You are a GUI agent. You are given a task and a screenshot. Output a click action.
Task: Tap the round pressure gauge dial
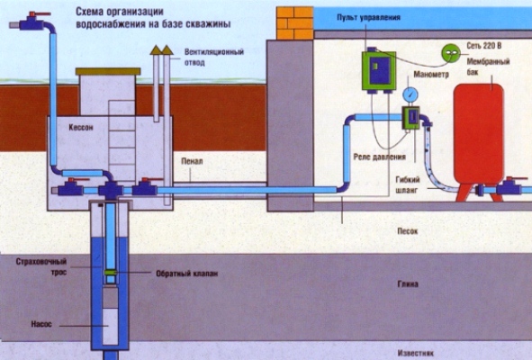coord(410,95)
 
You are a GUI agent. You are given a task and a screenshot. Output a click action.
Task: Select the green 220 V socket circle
coord(451,53)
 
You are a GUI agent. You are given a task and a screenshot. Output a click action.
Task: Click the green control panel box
coord(379,70)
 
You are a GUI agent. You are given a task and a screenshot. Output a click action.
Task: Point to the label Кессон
coord(81,127)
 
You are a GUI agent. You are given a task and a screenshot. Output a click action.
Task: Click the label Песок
coord(408,231)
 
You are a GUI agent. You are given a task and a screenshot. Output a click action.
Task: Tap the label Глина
coord(408,284)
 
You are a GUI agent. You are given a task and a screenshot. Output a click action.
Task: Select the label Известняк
coord(415,353)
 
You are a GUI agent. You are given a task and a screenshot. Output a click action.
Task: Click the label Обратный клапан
coord(186,274)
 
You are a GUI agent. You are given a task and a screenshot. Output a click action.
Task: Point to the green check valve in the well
coord(111,272)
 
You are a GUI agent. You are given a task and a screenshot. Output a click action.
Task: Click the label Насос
coord(41,324)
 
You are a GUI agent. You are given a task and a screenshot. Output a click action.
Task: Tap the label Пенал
coord(192,161)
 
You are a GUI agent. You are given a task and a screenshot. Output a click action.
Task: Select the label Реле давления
coord(379,157)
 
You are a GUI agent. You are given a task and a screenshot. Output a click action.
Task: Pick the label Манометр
coord(431,75)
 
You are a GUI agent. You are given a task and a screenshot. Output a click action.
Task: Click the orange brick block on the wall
coord(294,23)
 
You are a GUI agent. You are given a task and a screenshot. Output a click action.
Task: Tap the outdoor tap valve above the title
coord(32,22)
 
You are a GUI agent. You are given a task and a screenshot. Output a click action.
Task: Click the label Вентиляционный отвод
coord(214,58)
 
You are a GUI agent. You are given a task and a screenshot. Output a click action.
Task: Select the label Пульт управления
coord(368,17)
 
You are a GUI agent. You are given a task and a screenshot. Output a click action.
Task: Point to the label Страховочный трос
coord(41,266)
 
